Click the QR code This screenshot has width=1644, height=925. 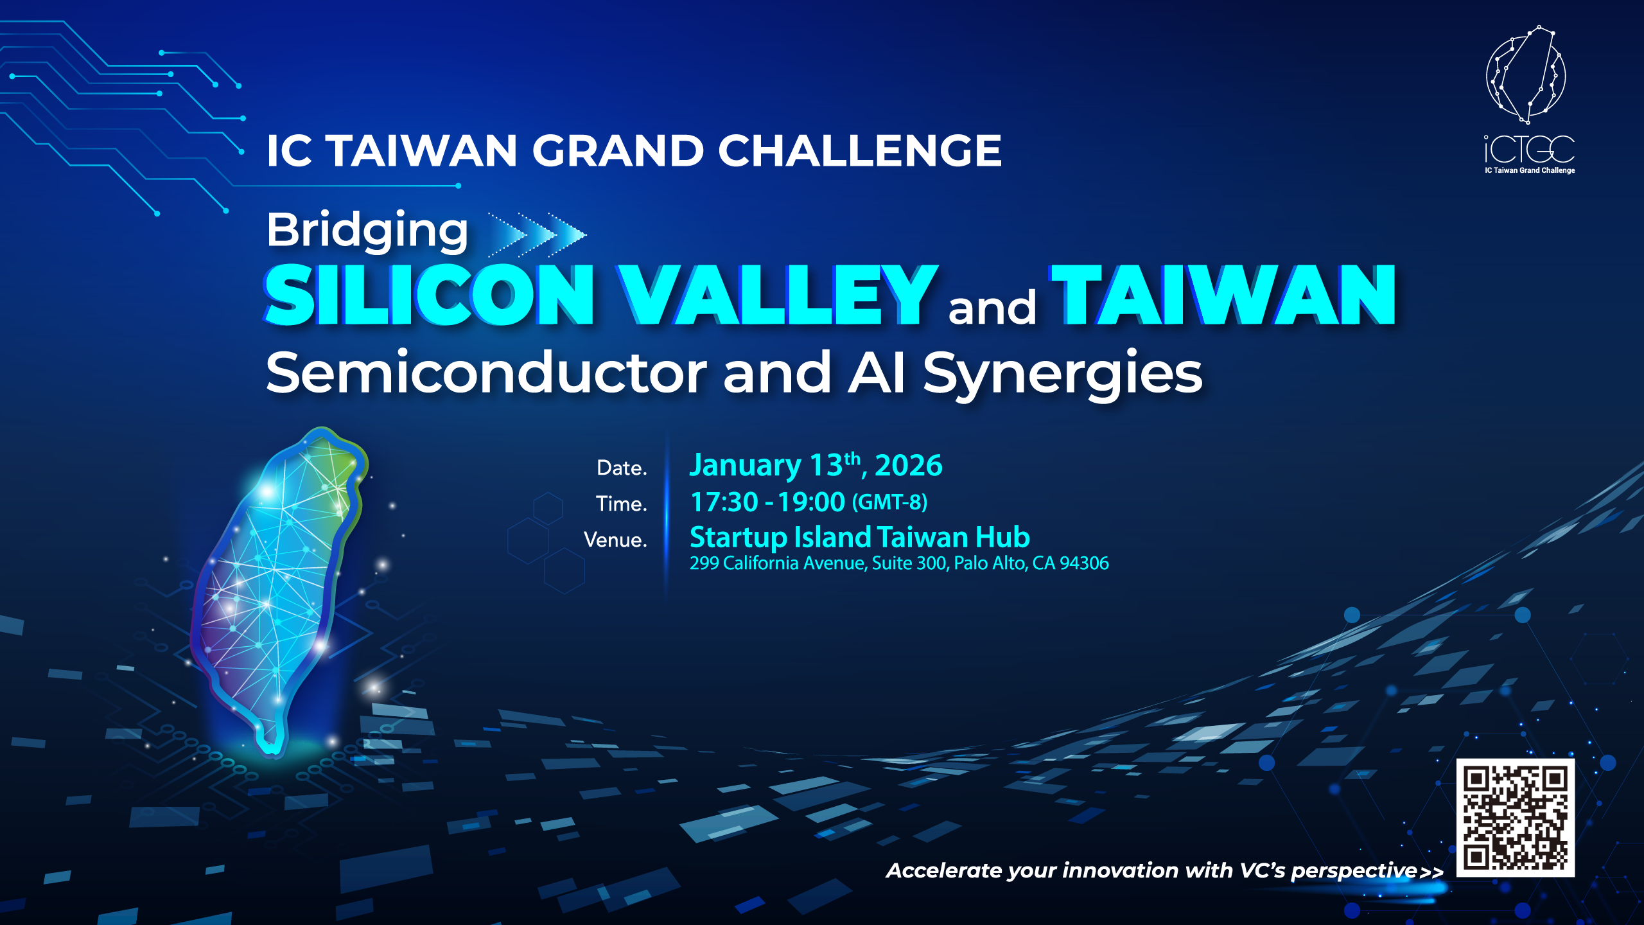pos(1516,817)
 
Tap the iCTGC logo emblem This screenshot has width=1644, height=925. pos(1526,75)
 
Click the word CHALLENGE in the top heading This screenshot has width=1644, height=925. pos(860,151)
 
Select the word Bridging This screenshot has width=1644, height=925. pos(367,231)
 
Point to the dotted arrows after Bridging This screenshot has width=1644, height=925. pos(537,235)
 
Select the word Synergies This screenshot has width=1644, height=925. pos(1063,376)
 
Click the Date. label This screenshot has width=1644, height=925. pos(622,468)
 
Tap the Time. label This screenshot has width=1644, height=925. pos(621,504)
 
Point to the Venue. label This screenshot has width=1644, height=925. pos(615,540)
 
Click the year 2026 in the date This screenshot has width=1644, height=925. pos(909,465)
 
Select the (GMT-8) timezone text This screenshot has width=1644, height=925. pos(890,502)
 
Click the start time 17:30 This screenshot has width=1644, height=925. pos(724,502)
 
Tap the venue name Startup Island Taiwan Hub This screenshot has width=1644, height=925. pos(860,538)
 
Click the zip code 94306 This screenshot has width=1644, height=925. pos(1084,563)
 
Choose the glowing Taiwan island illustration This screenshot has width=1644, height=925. pos(279,591)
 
